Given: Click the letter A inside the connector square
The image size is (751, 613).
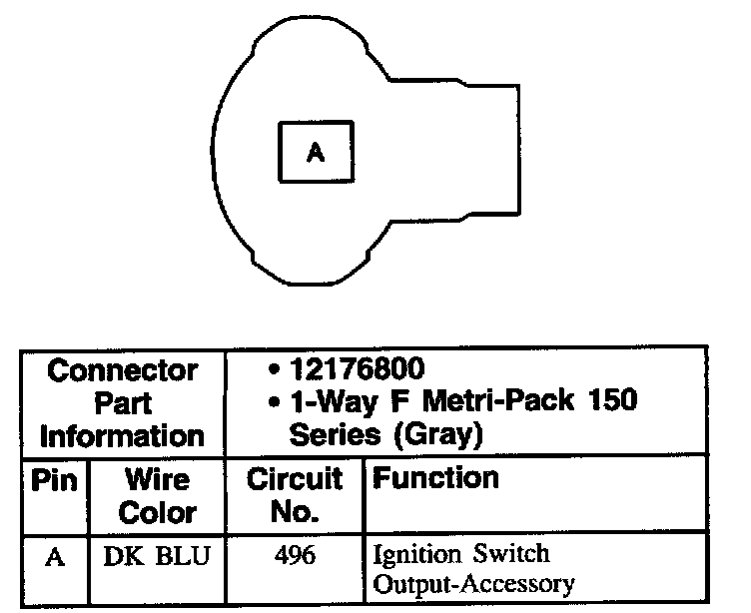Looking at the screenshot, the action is click(315, 153).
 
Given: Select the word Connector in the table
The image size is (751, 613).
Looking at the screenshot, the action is click(123, 371).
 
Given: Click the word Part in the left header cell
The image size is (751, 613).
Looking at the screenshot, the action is click(124, 403).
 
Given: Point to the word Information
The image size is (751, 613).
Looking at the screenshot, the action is click(123, 435).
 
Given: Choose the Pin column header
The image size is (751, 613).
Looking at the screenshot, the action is click(55, 480).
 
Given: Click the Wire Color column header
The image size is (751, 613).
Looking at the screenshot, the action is click(157, 496).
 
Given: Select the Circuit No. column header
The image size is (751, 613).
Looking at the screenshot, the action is click(295, 496).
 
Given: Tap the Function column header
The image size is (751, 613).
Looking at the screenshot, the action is click(435, 479).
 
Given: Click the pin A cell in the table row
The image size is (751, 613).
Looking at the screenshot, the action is click(55, 556).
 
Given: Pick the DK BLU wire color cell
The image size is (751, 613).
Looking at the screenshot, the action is click(157, 556).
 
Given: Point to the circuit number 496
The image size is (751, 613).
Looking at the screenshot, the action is click(295, 556).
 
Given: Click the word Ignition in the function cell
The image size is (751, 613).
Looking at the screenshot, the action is click(412, 555).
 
